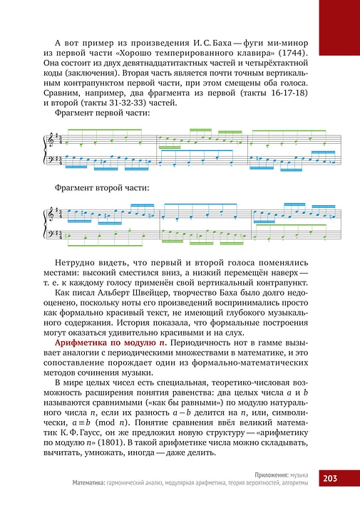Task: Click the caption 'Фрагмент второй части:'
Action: coord(102,188)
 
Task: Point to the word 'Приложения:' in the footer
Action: coord(273,474)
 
